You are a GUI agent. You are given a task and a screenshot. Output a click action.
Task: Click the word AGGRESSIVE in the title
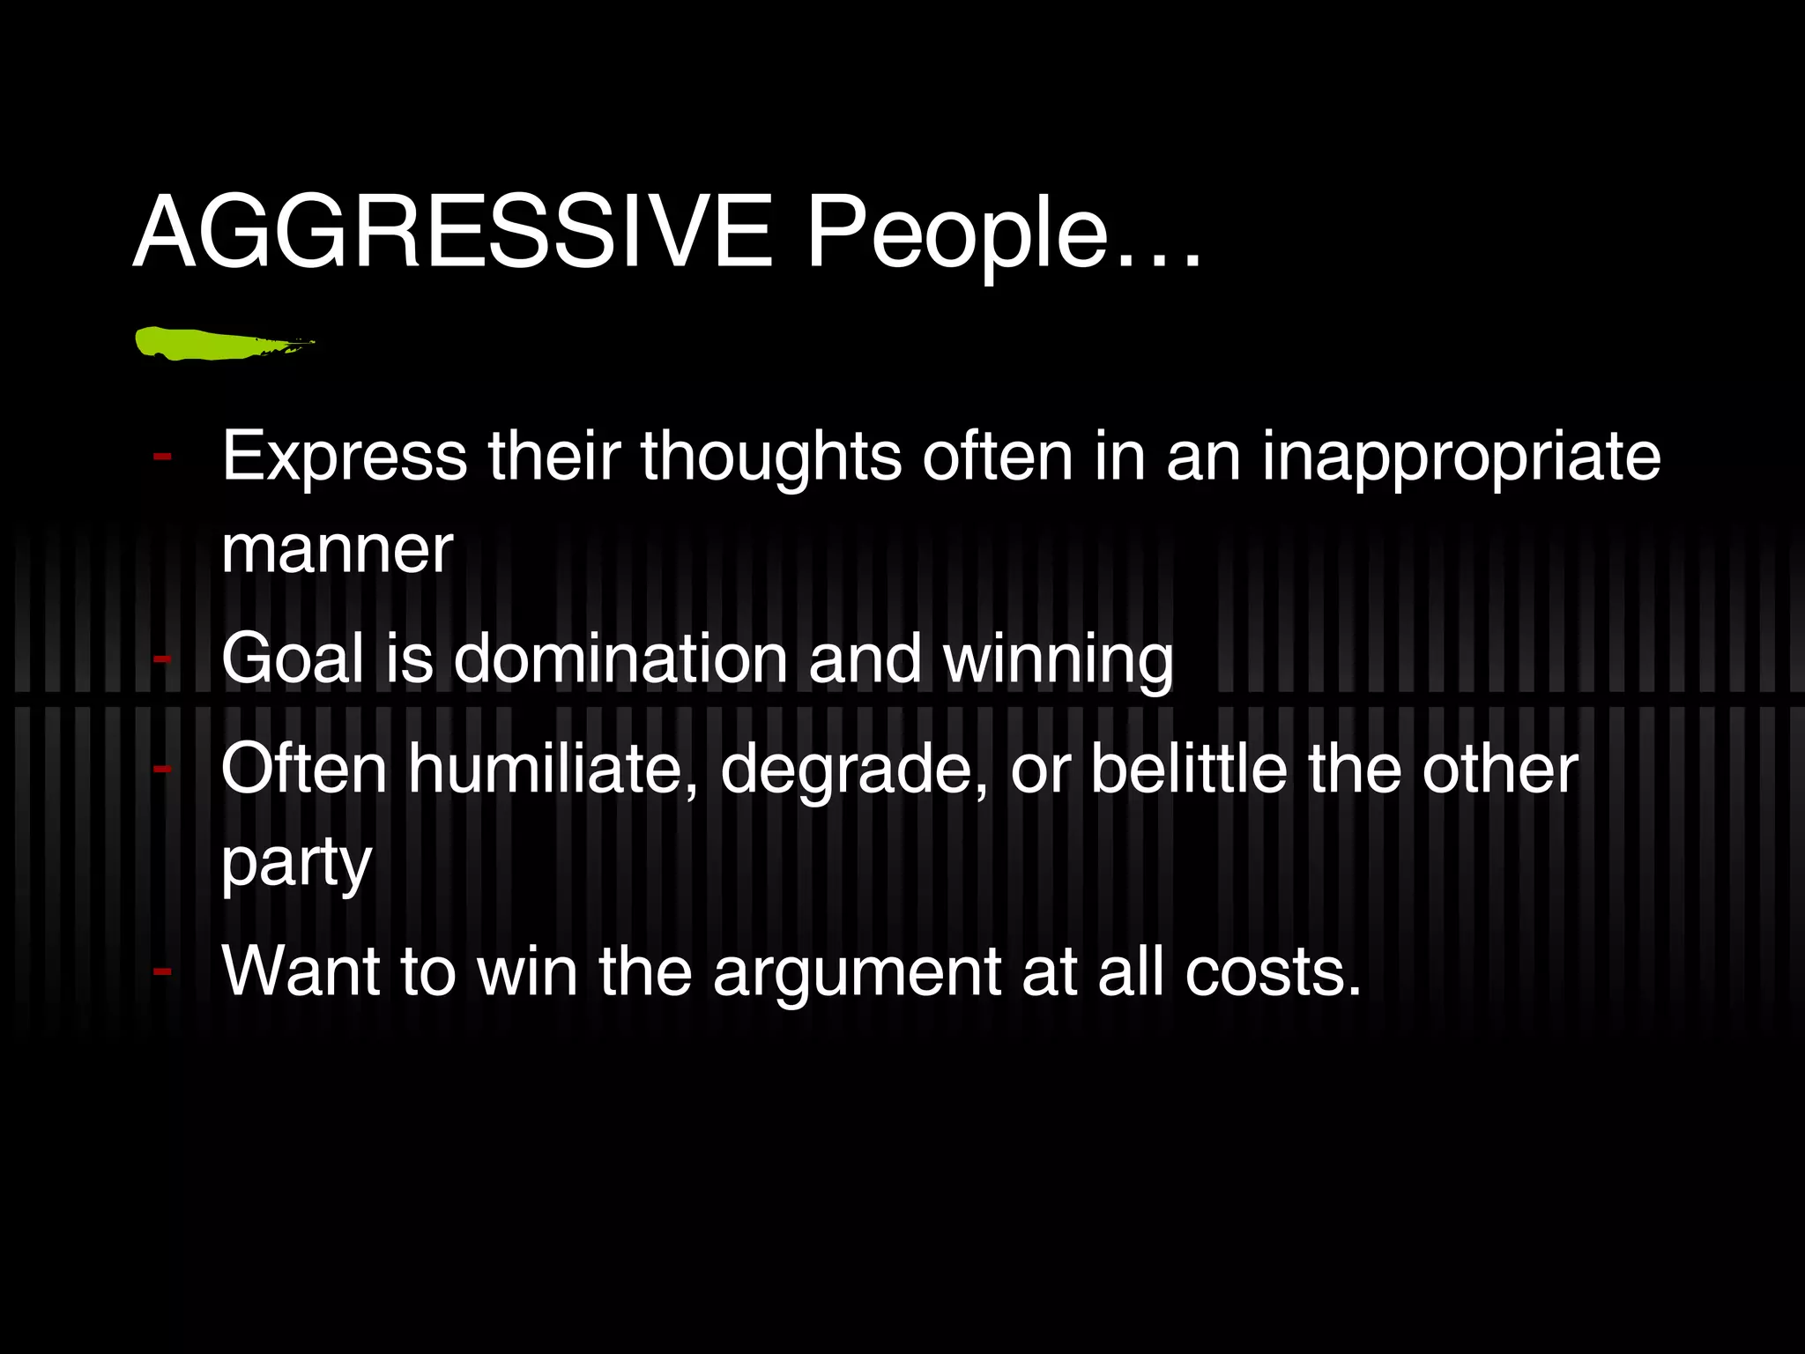(x=452, y=232)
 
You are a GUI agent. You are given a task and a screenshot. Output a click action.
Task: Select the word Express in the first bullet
(x=344, y=457)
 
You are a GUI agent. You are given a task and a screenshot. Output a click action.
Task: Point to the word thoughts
(x=771, y=457)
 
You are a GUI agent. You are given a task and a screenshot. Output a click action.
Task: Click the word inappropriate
(x=1460, y=457)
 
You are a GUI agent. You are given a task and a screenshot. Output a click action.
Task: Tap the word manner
(x=337, y=550)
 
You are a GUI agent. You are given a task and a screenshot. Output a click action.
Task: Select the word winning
(x=1058, y=659)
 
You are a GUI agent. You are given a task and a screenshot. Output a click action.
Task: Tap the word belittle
(x=1189, y=769)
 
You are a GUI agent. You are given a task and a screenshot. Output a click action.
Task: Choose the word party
(x=296, y=864)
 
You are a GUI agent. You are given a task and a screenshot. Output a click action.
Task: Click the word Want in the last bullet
(x=301, y=971)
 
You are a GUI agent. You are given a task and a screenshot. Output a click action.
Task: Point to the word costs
(x=1272, y=971)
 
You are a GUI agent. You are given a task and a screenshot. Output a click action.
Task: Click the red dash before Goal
(x=162, y=658)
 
